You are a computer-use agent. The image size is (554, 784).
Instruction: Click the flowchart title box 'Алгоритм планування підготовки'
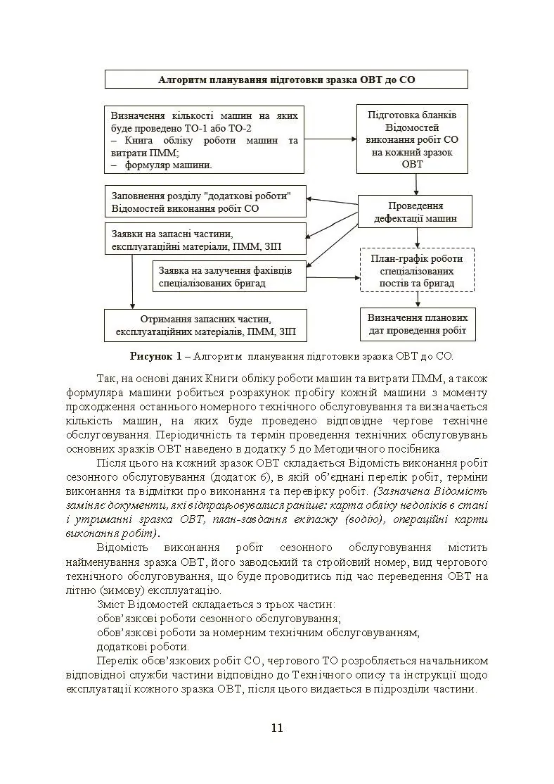(x=286, y=80)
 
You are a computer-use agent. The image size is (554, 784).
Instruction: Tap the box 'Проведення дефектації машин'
(x=415, y=212)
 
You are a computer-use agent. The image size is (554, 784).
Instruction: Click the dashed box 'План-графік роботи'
(x=417, y=270)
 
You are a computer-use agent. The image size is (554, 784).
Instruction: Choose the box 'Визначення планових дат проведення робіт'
(x=418, y=324)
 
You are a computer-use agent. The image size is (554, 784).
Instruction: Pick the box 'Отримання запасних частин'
(x=205, y=326)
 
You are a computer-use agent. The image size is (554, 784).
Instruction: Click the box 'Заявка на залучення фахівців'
(x=229, y=277)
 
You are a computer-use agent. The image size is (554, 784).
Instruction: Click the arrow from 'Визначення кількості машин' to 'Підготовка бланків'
(x=330, y=139)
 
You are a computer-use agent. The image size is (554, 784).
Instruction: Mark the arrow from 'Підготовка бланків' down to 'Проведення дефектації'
(x=416, y=184)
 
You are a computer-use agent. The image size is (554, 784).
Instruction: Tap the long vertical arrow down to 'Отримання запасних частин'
(x=132, y=282)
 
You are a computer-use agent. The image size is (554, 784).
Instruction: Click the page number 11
(x=276, y=728)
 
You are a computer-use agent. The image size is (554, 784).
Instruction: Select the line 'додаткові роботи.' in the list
(x=143, y=647)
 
